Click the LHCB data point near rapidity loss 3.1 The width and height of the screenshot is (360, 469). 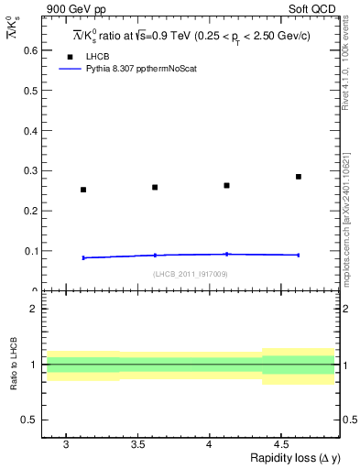click(x=83, y=190)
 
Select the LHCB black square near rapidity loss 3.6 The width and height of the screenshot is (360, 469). click(x=155, y=187)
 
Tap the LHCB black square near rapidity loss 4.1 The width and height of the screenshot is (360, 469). click(x=226, y=185)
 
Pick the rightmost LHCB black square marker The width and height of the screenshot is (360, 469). click(x=299, y=177)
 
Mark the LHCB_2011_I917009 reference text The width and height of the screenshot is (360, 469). click(x=190, y=274)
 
